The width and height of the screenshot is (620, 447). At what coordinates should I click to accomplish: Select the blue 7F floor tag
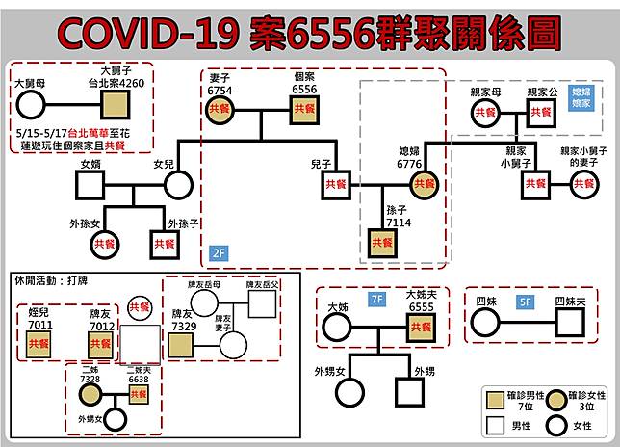(376, 301)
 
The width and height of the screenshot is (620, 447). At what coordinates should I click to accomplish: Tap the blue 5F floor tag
(524, 301)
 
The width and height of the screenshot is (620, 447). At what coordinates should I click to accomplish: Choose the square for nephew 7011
(39, 344)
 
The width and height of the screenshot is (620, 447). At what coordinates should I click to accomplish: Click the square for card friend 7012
(100, 344)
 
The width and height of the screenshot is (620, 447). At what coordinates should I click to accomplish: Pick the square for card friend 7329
(183, 344)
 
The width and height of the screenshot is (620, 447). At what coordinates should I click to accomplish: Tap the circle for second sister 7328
(90, 394)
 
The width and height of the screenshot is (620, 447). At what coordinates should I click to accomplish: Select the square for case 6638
(140, 394)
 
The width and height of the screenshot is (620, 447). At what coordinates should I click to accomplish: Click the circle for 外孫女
(103, 244)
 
